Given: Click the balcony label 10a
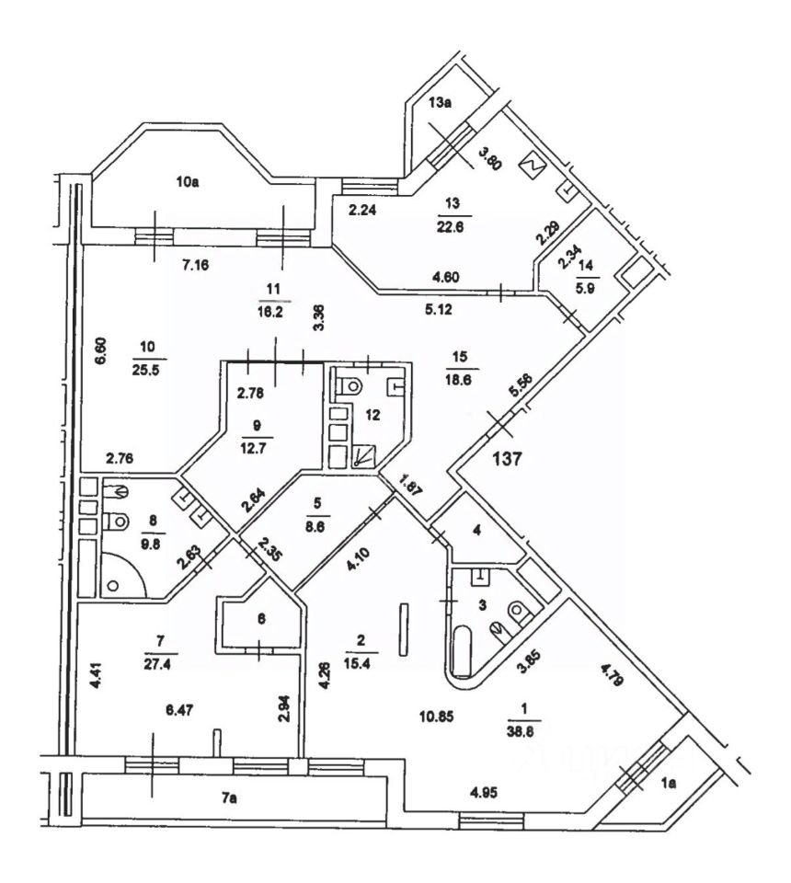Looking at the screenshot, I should [189, 182].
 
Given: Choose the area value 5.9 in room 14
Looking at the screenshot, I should [587, 284].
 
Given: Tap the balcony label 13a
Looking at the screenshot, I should [441, 104].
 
